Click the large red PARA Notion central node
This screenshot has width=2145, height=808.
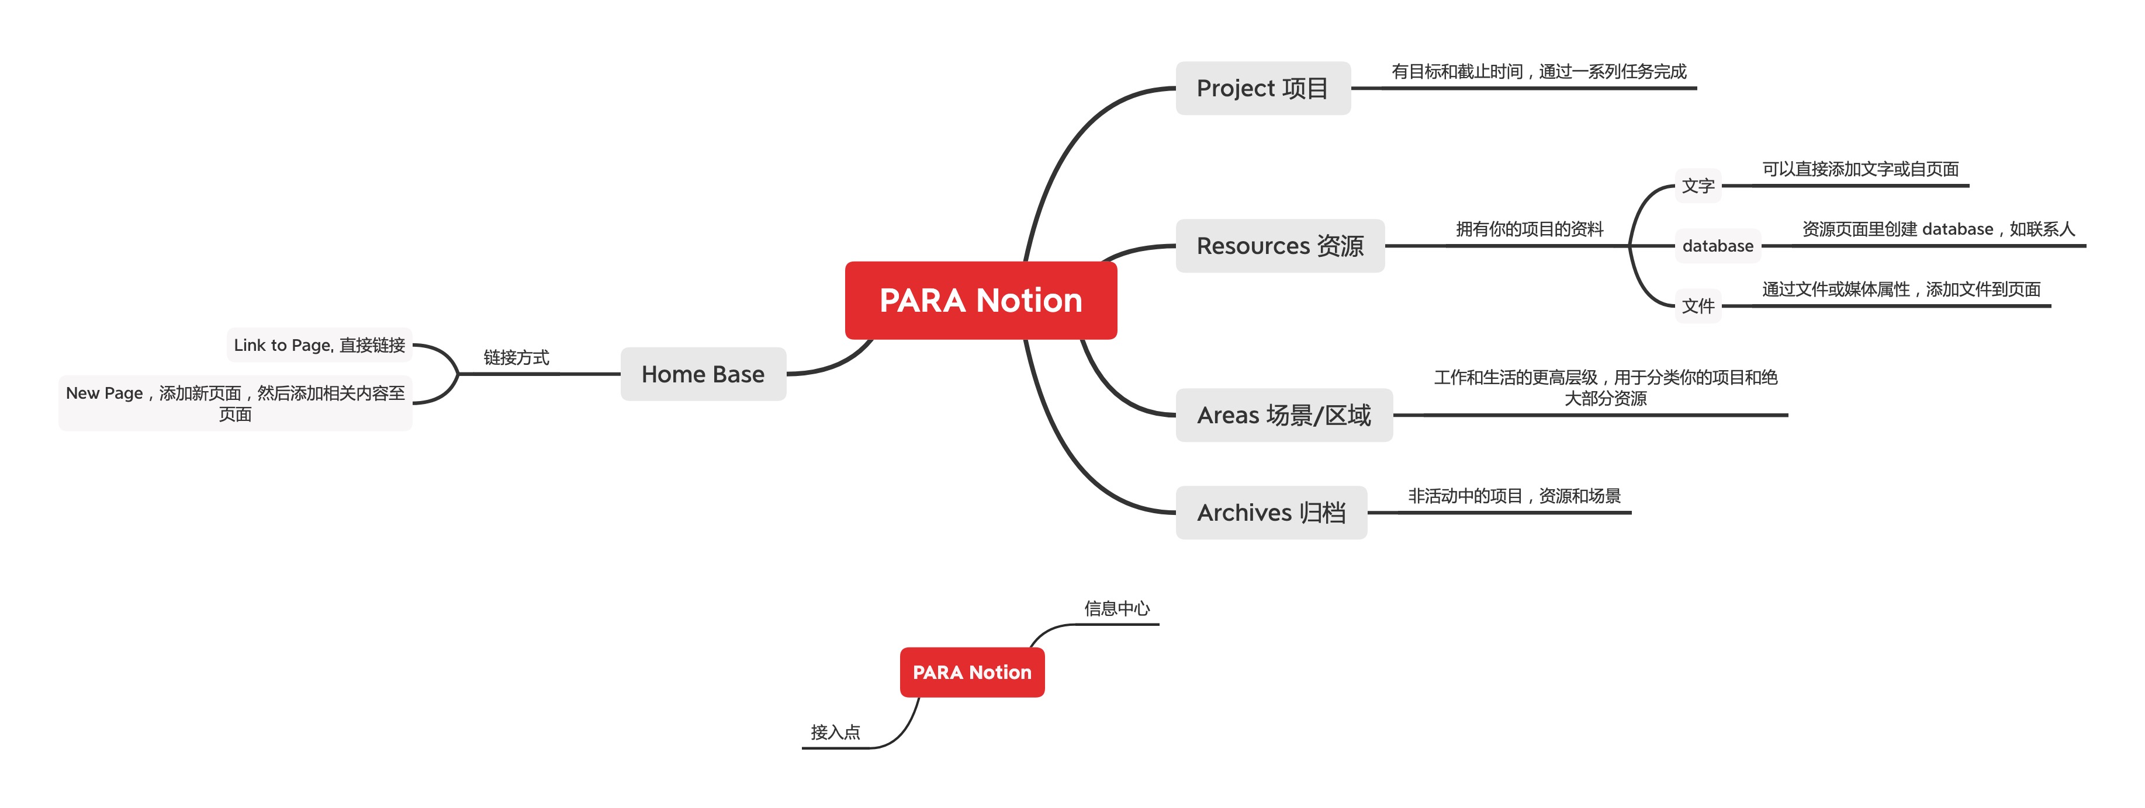980,301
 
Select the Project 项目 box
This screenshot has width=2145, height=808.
1262,88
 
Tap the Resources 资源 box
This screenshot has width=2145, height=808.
1280,245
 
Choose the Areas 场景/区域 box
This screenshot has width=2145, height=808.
1283,415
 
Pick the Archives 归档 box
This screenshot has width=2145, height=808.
1271,512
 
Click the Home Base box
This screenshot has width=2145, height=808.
703,374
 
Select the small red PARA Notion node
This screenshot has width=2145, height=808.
972,673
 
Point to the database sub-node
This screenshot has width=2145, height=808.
1717,245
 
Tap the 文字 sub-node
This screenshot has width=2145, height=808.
1698,186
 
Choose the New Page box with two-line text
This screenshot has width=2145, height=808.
236,403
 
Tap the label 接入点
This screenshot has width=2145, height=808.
835,732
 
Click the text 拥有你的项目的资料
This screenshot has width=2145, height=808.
1529,229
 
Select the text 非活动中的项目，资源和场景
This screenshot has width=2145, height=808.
1514,496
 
